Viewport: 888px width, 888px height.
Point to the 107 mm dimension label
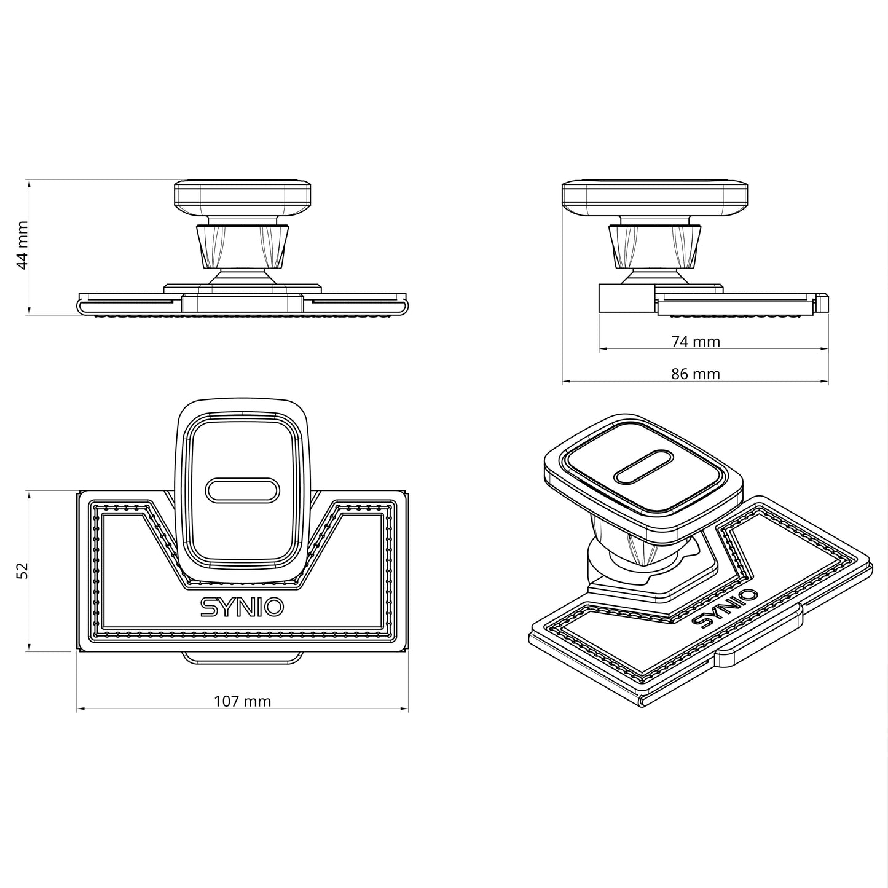(242, 701)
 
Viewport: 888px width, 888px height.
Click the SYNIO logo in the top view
(242, 607)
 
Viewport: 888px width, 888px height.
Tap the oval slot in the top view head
(242, 490)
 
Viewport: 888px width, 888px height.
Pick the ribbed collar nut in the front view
(242, 247)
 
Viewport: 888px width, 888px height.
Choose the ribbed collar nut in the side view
(655, 247)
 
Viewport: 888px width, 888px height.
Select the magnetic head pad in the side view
(655, 197)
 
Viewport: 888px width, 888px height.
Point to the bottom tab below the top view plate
(242, 657)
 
